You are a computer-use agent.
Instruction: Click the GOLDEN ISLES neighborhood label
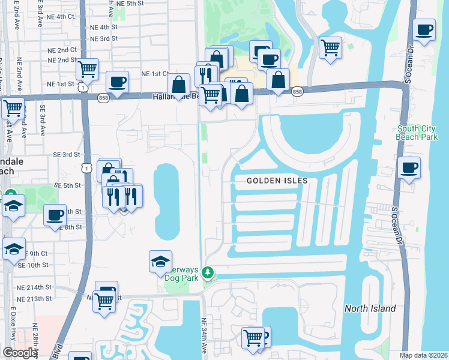277,181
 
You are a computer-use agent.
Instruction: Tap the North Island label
370,308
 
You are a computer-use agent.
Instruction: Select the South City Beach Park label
417,133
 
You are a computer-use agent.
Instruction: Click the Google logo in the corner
20,353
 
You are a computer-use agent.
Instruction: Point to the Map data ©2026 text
423,355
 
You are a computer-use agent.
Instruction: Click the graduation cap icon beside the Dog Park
160,262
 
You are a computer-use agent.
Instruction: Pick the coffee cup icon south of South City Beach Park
409,167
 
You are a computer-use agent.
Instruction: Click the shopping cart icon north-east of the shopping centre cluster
330,47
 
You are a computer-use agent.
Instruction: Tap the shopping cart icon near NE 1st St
88,69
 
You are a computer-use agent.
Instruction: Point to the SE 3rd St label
66,155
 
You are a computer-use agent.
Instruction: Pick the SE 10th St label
33,265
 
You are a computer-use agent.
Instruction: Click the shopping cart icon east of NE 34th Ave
253,337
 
